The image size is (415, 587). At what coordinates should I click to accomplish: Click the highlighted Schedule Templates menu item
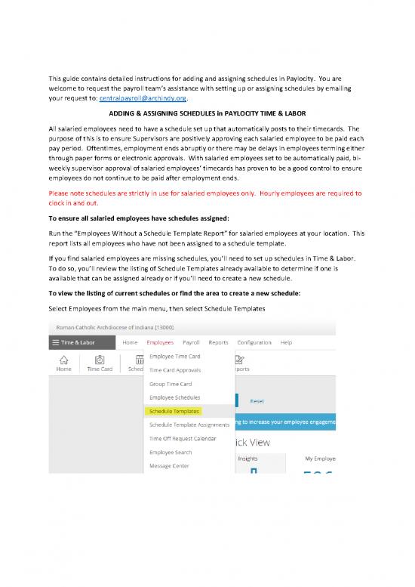(174, 412)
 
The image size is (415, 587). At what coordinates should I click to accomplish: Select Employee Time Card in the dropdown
(174, 356)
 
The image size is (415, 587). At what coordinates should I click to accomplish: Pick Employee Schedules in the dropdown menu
(174, 397)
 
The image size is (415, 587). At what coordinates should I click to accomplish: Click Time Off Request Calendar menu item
(183, 438)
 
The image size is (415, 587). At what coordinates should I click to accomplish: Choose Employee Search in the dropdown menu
(171, 452)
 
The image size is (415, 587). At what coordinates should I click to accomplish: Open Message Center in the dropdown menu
(169, 465)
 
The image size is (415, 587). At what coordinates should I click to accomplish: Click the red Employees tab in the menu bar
(160, 342)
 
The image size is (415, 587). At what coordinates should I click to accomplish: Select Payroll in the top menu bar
(191, 342)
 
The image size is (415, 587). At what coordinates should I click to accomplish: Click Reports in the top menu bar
(218, 342)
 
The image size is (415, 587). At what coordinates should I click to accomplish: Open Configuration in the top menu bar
(254, 342)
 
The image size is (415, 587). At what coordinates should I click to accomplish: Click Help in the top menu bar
(286, 342)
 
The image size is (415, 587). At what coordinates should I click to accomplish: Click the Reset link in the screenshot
(257, 402)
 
